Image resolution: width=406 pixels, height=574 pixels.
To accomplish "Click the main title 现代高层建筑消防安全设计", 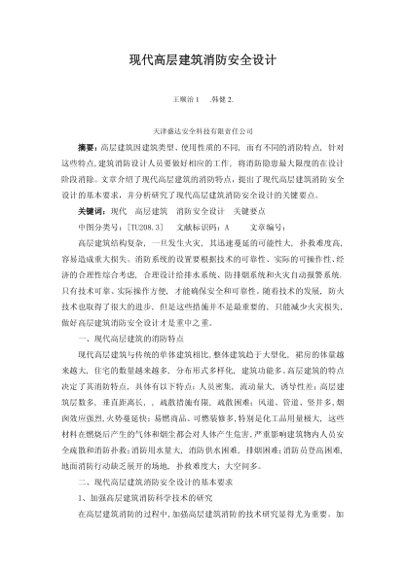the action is (x=203, y=59).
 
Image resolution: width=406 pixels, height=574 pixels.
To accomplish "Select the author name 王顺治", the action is (x=181, y=99).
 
